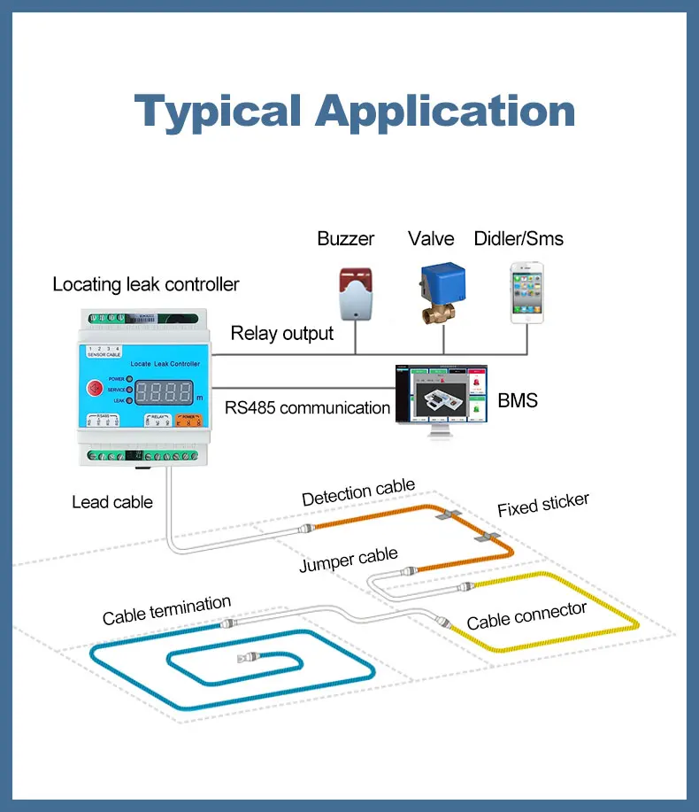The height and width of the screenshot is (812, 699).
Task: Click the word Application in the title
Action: (445, 112)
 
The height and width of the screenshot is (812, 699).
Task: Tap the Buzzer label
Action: (346, 238)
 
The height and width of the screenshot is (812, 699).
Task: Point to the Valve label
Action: (431, 238)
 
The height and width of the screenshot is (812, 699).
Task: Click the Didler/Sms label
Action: (518, 238)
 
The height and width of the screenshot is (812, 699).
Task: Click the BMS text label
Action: (518, 401)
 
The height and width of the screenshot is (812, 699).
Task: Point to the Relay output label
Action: (282, 333)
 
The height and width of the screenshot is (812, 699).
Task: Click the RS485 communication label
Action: (307, 408)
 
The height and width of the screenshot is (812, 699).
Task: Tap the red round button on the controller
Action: (93, 388)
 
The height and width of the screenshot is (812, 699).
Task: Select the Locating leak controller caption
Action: (146, 284)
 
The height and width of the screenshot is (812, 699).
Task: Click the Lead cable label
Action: (112, 502)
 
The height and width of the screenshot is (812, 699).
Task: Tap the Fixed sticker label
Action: (542, 505)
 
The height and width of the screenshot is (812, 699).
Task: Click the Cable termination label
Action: (166, 610)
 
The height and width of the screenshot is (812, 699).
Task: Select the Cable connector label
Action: (526, 615)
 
